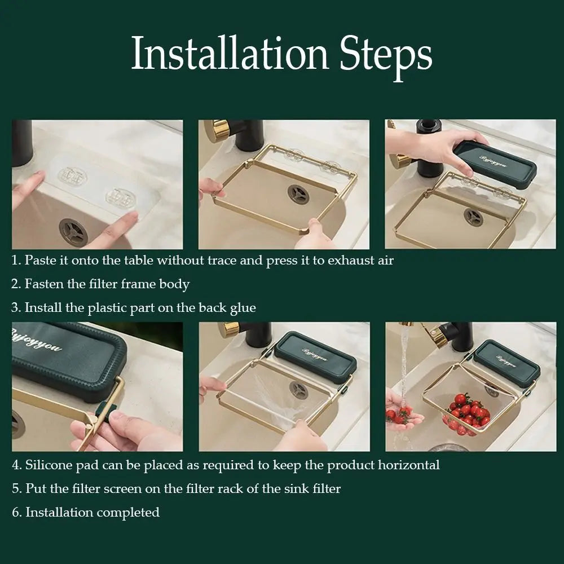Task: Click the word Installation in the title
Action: (230, 54)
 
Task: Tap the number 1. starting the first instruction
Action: (17, 261)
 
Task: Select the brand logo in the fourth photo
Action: (37, 341)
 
